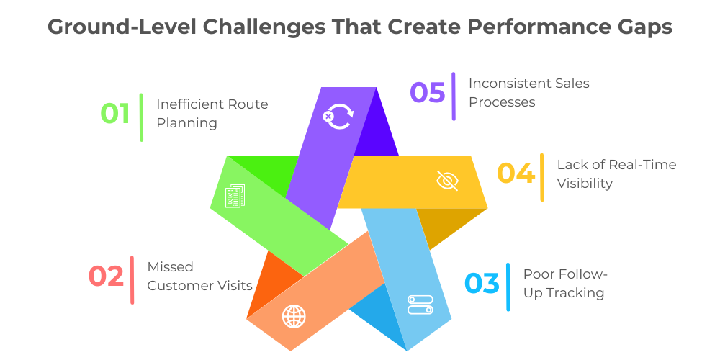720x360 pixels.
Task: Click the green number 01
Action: (x=114, y=114)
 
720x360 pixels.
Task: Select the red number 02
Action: (x=106, y=276)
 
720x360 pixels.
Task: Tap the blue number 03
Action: (x=482, y=284)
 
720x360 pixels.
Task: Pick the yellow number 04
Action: (x=516, y=174)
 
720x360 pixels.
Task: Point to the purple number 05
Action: (x=428, y=93)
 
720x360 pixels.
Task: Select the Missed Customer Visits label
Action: (x=199, y=276)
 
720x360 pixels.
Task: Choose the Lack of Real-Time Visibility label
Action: (x=616, y=174)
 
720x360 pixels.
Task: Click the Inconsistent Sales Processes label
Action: (x=528, y=93)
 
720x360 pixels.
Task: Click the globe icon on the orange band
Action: (x=294, y=315)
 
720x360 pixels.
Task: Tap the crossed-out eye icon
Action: (x=447, y=180)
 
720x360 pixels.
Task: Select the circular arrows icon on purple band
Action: (x=337, y=116)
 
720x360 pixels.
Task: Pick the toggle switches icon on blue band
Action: (x=420, y=304)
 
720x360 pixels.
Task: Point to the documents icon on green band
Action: (x=235, y=197)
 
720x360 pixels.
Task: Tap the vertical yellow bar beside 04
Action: (x=542, y=177)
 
